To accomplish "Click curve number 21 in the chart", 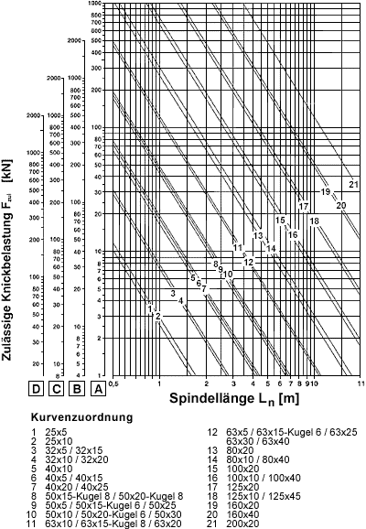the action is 353,186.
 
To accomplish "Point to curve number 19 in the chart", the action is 325,191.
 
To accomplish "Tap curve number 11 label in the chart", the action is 237,247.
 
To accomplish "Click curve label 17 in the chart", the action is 303,207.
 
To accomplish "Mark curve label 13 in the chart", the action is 259,236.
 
